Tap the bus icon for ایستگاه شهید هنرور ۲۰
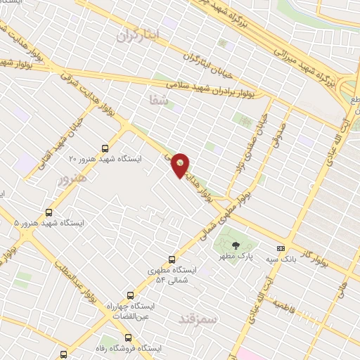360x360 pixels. [105, 148]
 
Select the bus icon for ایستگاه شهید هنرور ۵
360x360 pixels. [49, 212]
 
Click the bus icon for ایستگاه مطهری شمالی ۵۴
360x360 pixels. [173, 259]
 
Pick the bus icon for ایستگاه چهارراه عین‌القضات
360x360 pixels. [129, 295]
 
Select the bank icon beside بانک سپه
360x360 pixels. [281, 248]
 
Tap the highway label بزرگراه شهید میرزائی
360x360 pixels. [278, 28]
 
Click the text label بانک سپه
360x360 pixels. [297, 259]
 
